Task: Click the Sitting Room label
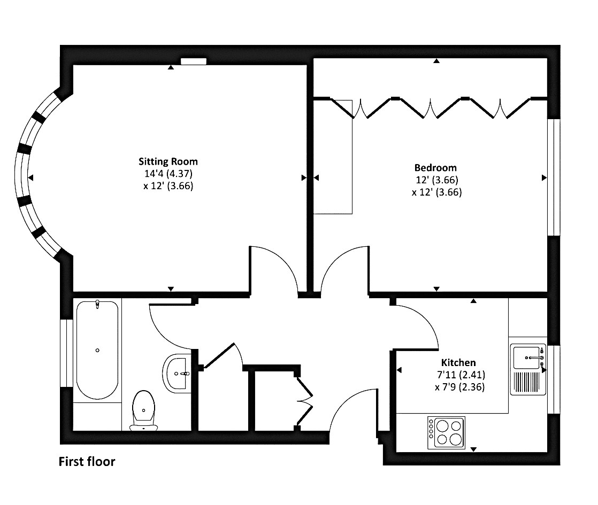point(168,161)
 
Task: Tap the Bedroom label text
point(435,168)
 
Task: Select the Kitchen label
point(458,362)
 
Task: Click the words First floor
point(87,462)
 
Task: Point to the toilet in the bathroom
point(144,410)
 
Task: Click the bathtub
point(97,350)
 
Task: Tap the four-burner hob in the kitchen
point(446,432)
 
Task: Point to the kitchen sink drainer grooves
point(527,382)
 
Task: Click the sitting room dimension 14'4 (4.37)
point(168,174)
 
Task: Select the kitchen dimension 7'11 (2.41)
point(461,375)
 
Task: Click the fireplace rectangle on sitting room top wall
point(193,61)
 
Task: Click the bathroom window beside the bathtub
point(66,353)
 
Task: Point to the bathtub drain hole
point(97,350)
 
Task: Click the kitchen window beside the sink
point(554,379)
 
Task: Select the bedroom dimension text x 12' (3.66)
point(436,192)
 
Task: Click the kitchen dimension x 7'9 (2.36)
point(459,387)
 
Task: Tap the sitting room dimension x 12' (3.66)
point(168,186)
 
